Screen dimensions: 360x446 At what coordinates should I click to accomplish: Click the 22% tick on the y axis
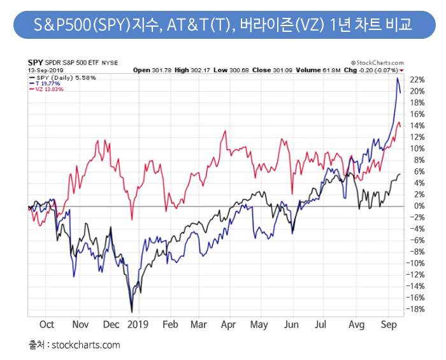417,80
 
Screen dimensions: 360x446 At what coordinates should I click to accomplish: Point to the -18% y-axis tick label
417,309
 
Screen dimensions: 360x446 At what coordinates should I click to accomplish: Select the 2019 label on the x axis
137,324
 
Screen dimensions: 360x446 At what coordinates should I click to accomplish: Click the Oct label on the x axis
47,324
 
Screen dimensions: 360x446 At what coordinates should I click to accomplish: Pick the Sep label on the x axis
389,324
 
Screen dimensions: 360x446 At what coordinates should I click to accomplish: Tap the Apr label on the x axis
229,324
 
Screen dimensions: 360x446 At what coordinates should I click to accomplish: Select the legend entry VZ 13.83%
47,89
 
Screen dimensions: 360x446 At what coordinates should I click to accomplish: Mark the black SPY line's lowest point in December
132,312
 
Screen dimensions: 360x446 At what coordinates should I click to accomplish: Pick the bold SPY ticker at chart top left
35,64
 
